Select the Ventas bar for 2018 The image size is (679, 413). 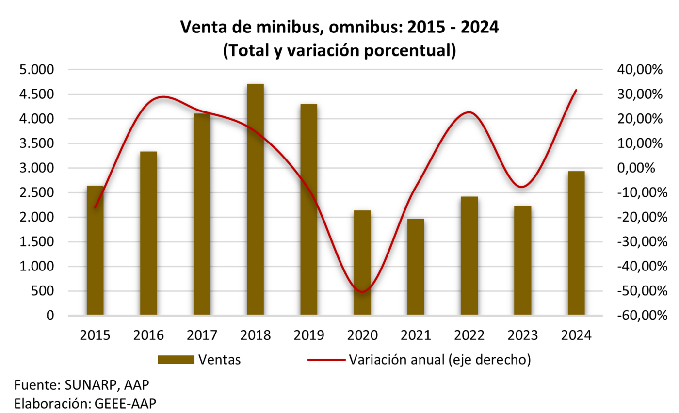[x=255, y=200]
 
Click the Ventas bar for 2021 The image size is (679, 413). [x=415, y=267]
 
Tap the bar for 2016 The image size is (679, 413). [x=148, y=234]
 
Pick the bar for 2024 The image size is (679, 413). [x=576, y=243]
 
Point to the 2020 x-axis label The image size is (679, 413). [x=362, y=335]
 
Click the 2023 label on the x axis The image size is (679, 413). [x=522, y=335]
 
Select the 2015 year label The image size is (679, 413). [x=95, y=335]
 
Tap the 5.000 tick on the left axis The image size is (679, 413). [x=36, y=70]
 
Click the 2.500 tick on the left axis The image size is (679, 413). [x=36, y=193]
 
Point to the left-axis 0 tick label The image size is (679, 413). [x=50, y=316]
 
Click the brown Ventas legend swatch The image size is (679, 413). [x=175, y=359]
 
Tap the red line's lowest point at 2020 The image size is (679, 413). [x=362, y=292]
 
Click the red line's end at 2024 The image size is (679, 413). [x=576, y=90]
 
